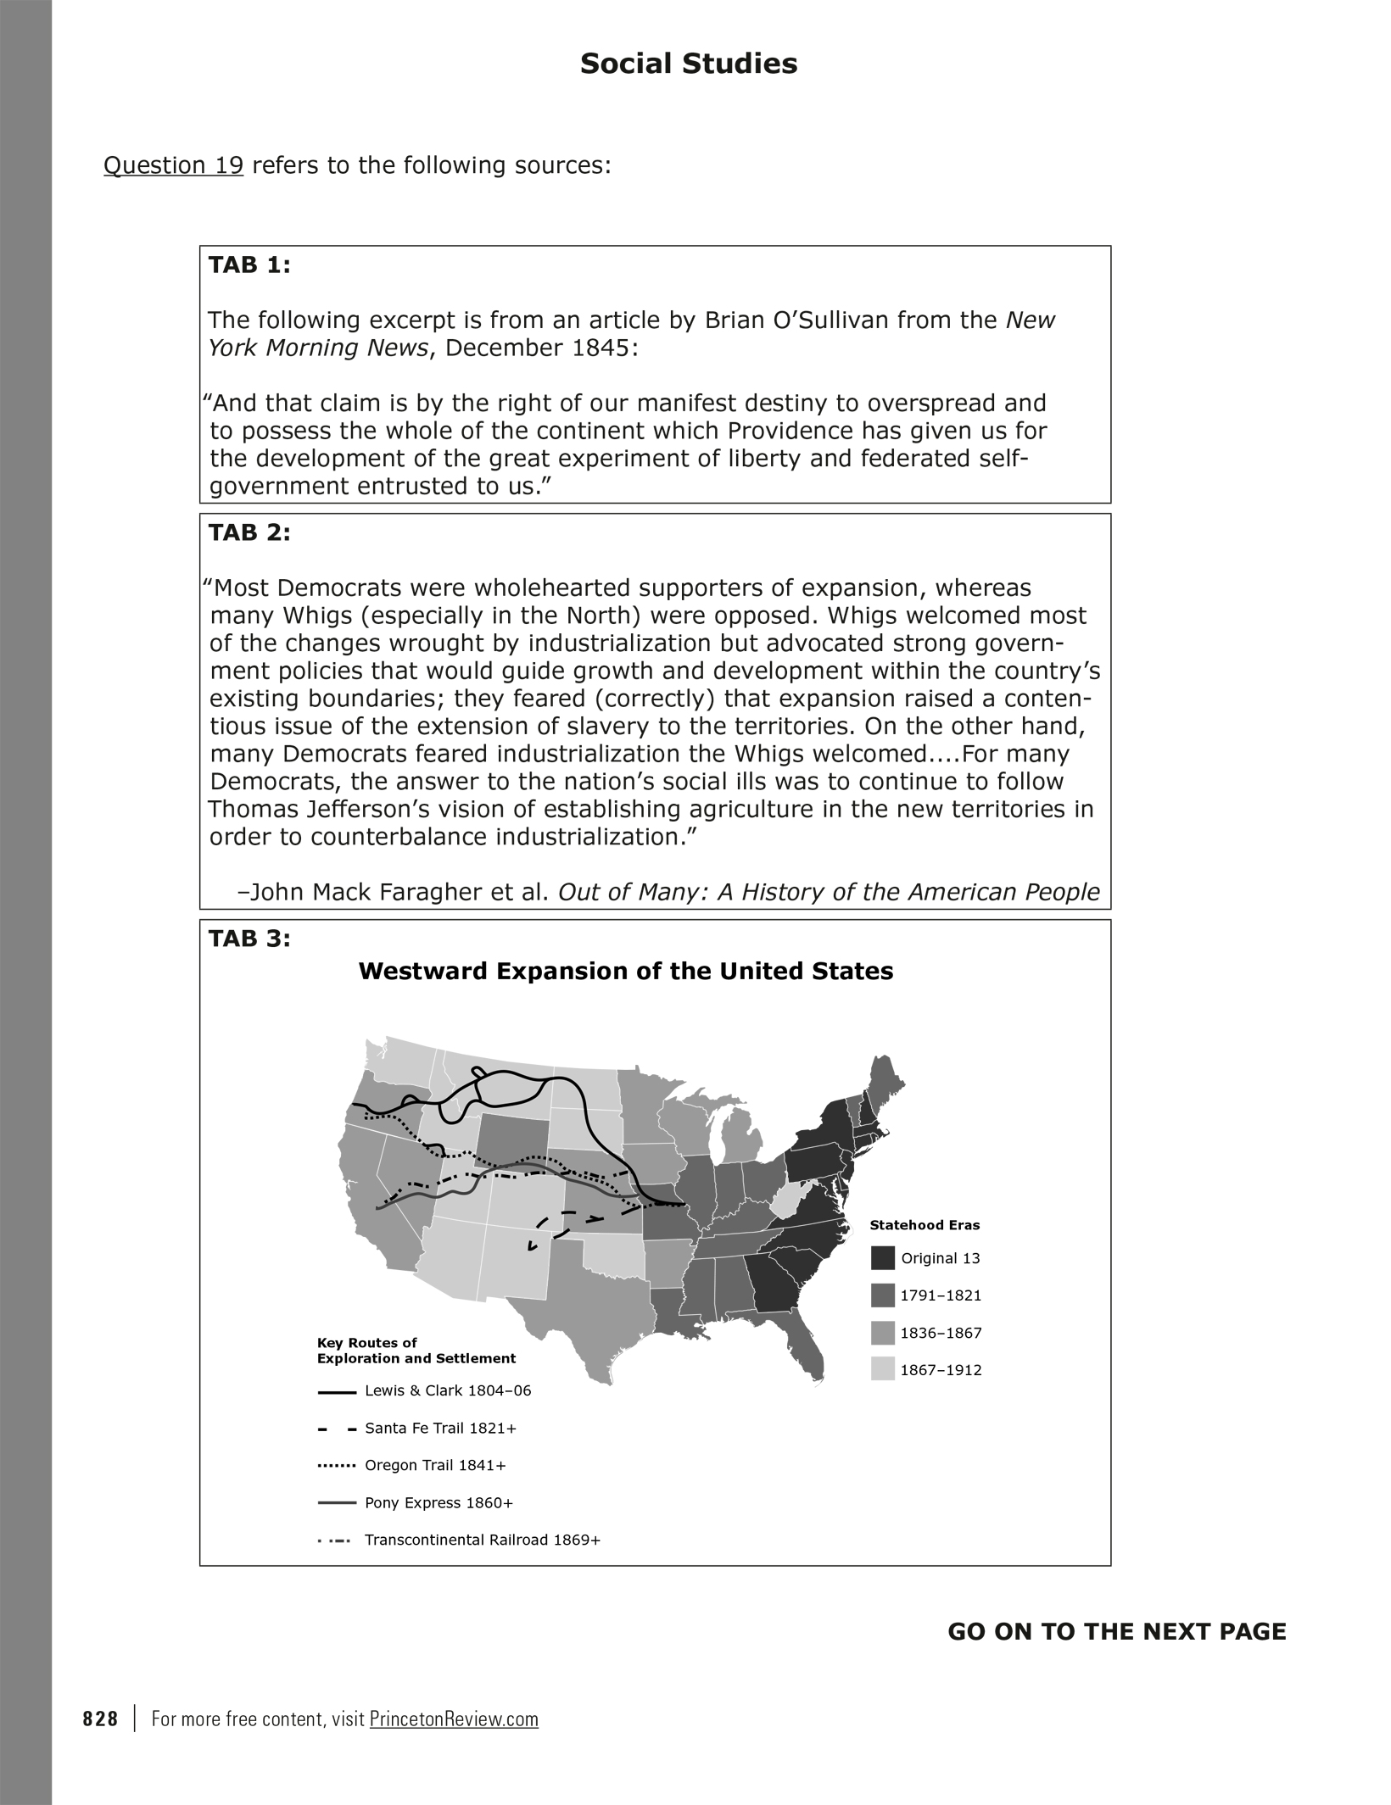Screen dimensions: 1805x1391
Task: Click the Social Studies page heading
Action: (x=688, y=64)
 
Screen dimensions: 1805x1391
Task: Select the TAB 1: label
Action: (x=249, y=265)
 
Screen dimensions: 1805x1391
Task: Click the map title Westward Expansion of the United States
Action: (x=626, y=971)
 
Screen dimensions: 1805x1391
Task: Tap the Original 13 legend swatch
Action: (x=882, y=1258)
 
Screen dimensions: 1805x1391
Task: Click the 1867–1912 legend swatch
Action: (x=882, y=1370)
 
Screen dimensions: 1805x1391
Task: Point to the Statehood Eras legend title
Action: (x=925, y=1225)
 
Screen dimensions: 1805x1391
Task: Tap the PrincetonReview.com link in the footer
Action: (x=454, y=1719)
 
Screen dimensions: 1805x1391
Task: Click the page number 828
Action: (x=100, y=1719)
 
